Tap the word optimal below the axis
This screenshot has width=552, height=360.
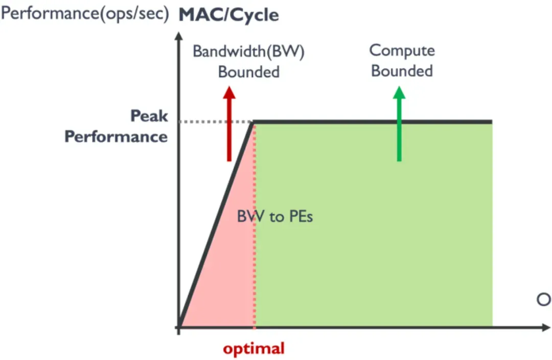[x=254, y=349]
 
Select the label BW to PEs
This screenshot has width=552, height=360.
[x=275, y=216]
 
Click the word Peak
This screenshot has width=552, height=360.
[x=149, y=116]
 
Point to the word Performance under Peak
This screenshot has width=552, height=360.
[x=116, y=137]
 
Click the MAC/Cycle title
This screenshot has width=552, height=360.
[x=228, y=15]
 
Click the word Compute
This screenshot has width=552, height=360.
[x=402, y=50]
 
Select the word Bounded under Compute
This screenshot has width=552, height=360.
[x=402, y=71]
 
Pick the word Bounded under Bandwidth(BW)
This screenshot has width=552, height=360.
[x=249, y=72]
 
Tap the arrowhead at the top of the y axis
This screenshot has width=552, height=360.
[x=178, y=37]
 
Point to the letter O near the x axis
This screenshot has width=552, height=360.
[x=543, y=300]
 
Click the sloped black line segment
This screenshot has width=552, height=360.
[x=215, y=225]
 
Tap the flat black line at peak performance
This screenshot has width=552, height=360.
[x=373, y=122]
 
